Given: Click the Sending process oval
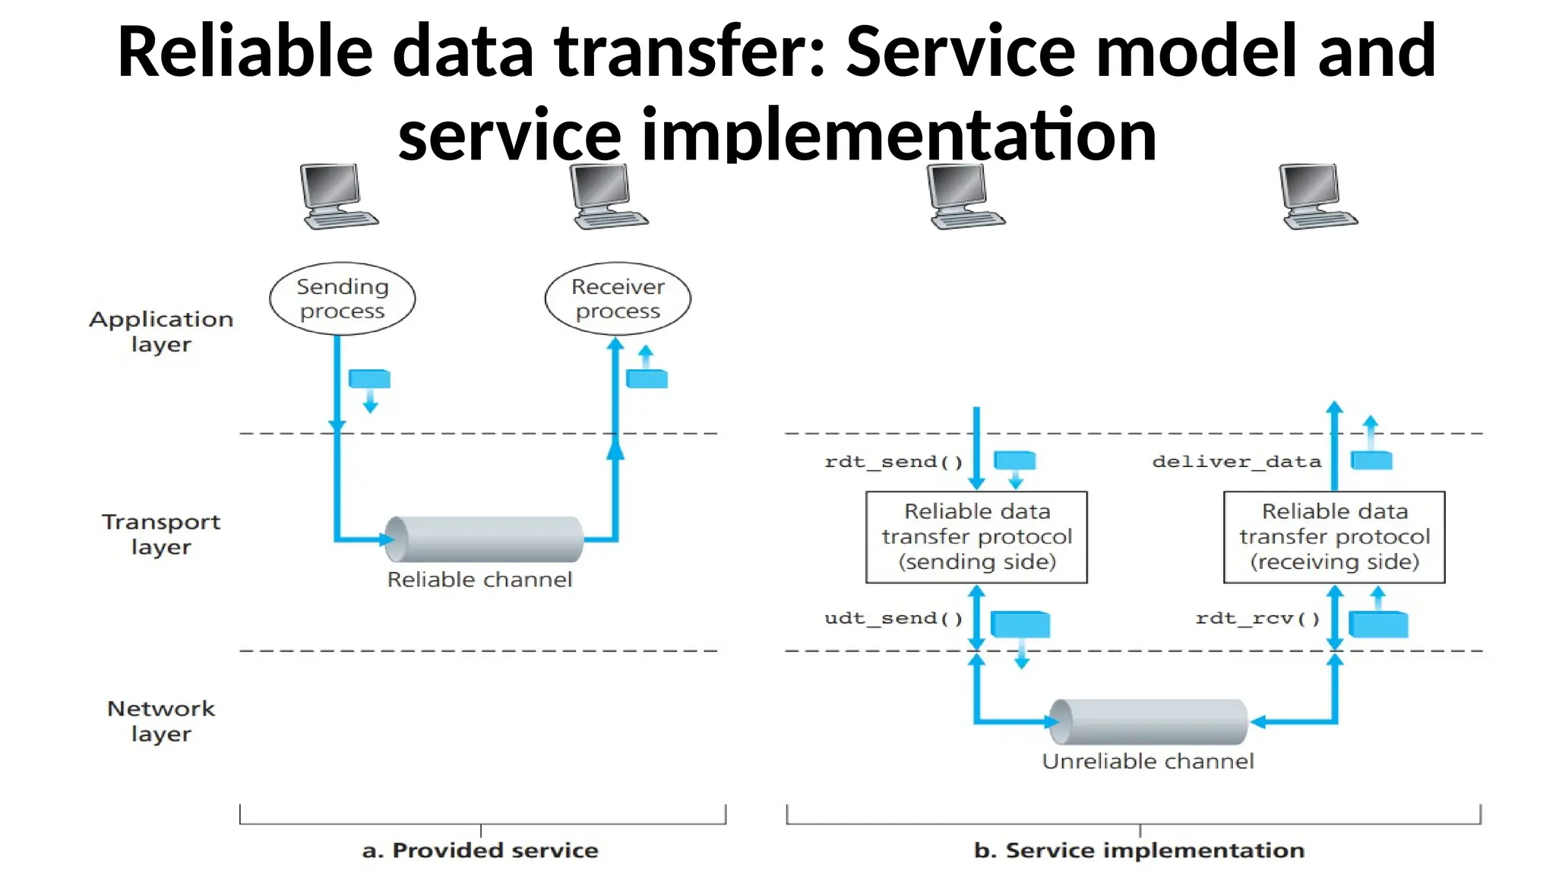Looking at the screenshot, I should pos(342,299).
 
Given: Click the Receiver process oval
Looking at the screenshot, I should pos(618,299).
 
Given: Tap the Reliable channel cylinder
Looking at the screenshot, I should pos(484,539).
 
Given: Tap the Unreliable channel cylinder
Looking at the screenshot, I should pos(1148,722).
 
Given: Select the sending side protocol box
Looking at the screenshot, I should pos(976,537).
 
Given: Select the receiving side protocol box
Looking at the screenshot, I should pos(1334,537).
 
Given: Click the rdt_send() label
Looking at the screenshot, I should pos(893,462).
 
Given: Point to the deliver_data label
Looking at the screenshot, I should pos(1236,462).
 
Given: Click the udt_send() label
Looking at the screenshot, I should pos(893,618).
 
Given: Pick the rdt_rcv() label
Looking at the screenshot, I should pos(1257,618).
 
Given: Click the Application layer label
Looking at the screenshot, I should pos(161,331).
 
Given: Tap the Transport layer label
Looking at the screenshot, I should pos(161,534).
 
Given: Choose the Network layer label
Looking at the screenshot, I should pos(161,721).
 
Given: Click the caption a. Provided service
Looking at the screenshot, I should pos(480,850).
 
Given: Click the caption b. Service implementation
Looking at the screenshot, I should pos(1139,850).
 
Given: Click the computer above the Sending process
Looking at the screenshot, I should pos(338,197).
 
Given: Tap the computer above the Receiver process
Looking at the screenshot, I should pos(609,197).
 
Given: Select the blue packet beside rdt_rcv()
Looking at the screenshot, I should pos(1377,624).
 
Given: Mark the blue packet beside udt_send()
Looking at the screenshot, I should pos(1020,624).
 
